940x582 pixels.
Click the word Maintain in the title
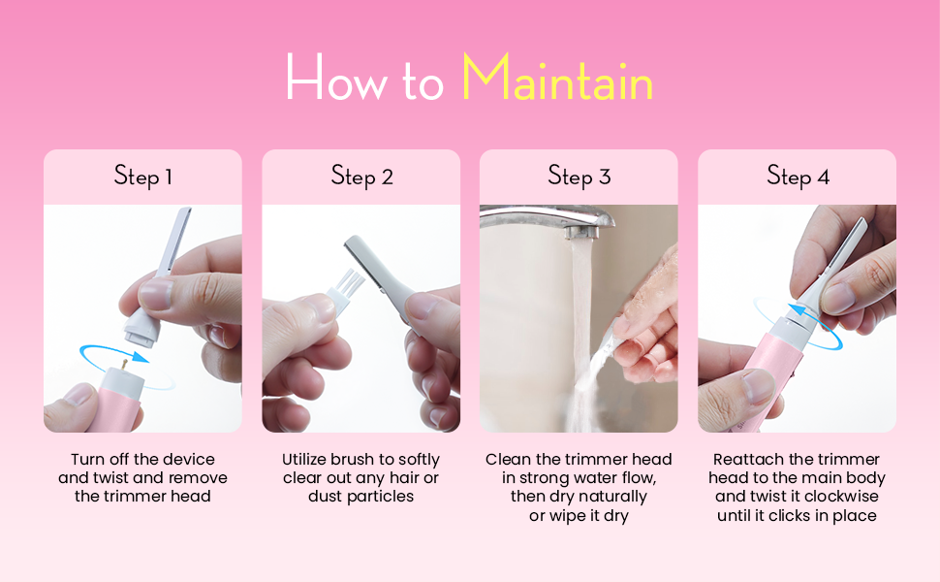tap(557, 77)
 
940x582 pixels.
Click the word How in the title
tap(336, 77)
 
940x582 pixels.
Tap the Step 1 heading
tap(142, 177)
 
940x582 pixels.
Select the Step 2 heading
tap(361, 177)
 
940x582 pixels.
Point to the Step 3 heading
tap(580, 177)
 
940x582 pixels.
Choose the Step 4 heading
tap(798, 177)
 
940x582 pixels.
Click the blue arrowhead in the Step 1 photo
tap(141, 357)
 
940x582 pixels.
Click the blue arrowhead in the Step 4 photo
tap(797, 310)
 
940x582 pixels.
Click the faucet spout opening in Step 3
tap(581, 234)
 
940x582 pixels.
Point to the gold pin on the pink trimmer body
tap(124, 364)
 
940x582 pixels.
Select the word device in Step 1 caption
tap(189, 460)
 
